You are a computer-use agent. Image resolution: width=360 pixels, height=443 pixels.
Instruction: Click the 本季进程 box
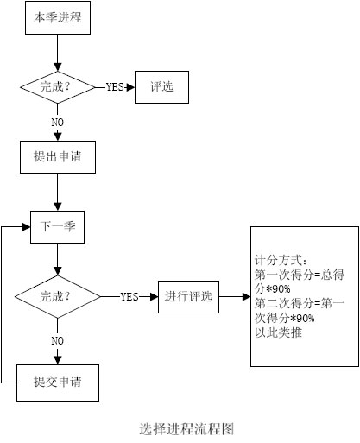(x=58, y=17)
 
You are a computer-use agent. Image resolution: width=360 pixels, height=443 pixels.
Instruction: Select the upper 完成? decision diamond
(x=58, y=87)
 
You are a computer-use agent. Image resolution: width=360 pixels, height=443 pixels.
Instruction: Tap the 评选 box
(x=161, y=87)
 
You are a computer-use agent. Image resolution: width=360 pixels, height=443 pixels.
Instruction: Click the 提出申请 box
(x=58, y=157)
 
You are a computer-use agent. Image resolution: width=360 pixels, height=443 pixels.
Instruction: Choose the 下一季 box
(x=58, y=227)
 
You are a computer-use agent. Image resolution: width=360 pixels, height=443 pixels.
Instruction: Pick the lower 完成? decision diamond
(x=58, y=297)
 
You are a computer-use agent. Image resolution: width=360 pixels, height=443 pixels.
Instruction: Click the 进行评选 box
(x=188, y=297)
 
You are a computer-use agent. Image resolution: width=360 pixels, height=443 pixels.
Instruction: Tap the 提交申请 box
(x=58, y=383)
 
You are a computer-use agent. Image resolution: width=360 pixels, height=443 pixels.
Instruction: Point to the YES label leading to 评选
(x=115, y=87)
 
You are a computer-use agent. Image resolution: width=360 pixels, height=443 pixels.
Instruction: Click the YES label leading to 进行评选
(x=129, y=297)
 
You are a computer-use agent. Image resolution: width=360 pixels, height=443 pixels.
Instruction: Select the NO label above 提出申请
(x=57, y=123)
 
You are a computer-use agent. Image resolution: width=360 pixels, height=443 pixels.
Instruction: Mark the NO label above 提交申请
(x=57, y=341)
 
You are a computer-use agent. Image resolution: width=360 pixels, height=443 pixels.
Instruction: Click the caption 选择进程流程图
(x=186, y=429)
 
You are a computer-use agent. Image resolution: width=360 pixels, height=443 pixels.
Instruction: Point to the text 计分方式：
(x=281, y=261)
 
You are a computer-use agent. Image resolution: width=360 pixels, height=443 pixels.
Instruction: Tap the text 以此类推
(x=278, y=332)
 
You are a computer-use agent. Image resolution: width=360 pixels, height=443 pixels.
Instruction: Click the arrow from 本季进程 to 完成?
(x=58, y=53)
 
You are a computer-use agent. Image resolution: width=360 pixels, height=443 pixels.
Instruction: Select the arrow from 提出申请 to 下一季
(x=58, y=192)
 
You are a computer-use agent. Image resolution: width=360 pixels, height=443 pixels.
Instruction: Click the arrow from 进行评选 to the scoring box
(x=235, y=297)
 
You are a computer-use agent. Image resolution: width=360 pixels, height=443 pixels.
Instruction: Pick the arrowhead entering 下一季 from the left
(x=27, y=227)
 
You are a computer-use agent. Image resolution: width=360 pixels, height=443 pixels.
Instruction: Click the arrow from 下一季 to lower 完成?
(x=58, y=259)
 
